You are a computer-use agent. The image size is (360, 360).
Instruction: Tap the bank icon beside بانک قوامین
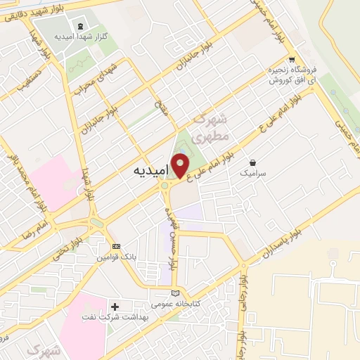116,247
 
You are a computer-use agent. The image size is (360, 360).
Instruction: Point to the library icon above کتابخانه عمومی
175,294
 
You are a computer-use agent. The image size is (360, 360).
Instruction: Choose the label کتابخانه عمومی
176,305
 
